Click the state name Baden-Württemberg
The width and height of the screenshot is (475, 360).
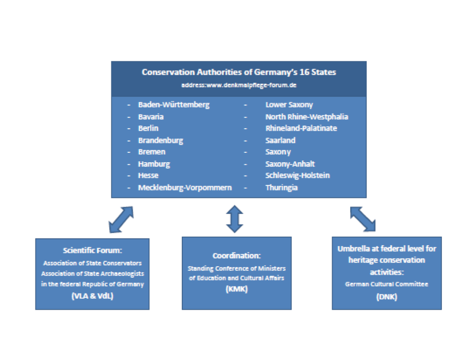tap(173, 105)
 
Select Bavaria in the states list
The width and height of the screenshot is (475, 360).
tap(151, 117)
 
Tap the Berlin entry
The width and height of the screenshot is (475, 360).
tap(148, 128)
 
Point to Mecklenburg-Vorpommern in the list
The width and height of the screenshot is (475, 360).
tap(185, 188)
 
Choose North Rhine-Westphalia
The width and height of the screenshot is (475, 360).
tap(306, 117)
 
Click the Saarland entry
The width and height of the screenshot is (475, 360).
tap(280, 141)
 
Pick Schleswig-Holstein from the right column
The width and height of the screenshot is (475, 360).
tap(298, 176)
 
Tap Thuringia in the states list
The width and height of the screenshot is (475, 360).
tap(281, 188)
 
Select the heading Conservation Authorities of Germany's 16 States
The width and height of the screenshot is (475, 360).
tap(238, 72)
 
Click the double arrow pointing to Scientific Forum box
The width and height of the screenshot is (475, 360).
tap(121, 220)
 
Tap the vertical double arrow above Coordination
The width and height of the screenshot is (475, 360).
tap(235, 219)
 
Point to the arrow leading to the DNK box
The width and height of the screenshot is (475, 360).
tap(363, 219)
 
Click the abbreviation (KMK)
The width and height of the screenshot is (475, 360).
tap(237, 289)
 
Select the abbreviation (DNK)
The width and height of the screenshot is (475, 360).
tap(386, 297)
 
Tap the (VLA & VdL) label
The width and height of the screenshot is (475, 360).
tap(93, 296)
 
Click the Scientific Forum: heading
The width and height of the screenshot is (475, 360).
tap(93, 251)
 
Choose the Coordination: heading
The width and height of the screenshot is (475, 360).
tap(237, 255)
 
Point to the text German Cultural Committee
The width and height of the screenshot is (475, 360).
tap(386, 284)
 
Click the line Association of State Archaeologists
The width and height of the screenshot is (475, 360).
tap(93, 274)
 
